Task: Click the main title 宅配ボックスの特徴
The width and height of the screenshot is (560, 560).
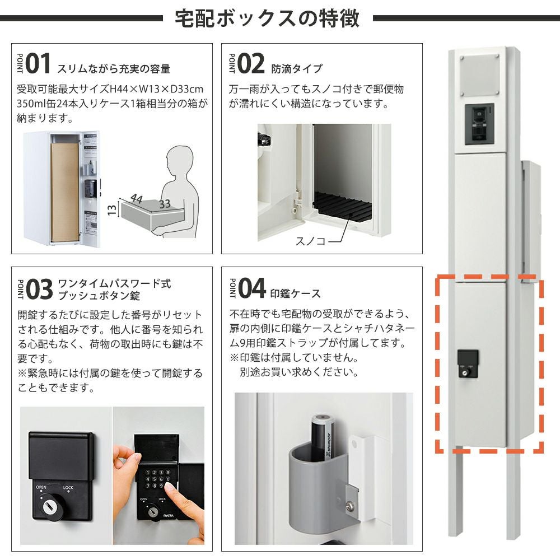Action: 267,18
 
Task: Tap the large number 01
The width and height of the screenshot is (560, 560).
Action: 38,64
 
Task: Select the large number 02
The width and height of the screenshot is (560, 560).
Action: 251,64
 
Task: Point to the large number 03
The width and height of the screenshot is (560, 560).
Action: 39,289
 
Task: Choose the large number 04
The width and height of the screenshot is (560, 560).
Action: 252,288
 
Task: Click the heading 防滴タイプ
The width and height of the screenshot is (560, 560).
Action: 297,68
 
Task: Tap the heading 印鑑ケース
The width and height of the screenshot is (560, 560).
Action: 295,293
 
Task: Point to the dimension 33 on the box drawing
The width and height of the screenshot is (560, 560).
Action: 165,204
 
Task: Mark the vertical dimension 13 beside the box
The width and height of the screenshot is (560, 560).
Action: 112,209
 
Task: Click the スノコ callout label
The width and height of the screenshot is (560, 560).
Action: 310,241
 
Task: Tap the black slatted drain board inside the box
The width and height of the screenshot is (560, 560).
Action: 342,207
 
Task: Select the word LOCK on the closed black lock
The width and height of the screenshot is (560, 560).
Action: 68,488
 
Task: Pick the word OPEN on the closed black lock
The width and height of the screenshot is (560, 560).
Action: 41,487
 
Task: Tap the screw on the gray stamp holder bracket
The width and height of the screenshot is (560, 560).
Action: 349,505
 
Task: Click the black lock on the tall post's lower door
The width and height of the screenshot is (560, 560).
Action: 468,363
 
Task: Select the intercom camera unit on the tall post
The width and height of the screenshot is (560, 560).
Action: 479,124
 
